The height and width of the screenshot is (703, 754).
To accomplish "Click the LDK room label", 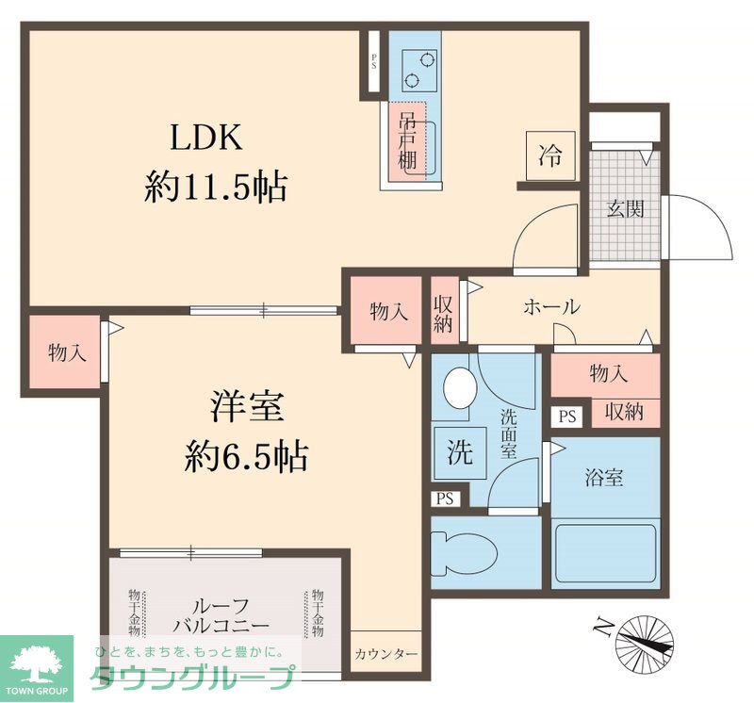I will (206, 139).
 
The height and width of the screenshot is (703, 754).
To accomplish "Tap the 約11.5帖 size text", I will (215, 187).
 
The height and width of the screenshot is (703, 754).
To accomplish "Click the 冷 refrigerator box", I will (549, 155).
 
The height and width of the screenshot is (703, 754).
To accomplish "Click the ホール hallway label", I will (550, 306).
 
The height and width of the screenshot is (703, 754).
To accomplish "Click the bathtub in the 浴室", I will (605, 556).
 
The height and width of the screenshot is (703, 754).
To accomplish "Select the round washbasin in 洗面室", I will (461, 387).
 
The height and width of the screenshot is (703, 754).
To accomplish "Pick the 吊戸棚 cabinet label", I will (407, 141).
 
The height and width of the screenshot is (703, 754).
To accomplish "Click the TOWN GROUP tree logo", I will (36, 663).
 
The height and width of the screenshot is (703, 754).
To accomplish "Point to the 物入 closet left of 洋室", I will (67, 352).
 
